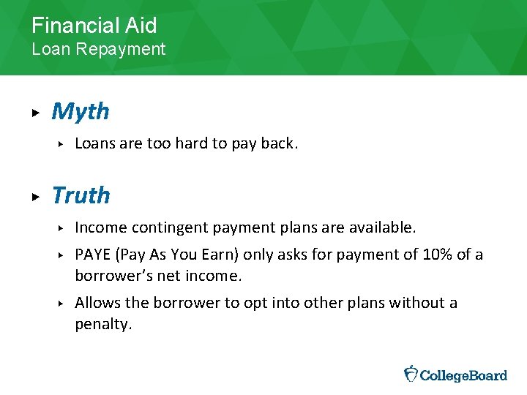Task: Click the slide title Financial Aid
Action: [x=94, y=26]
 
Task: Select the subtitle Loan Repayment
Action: [x=98, y=50]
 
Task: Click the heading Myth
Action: [x=81, y=112]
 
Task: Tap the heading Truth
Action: [x=81, y=196]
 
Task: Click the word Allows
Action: [x=96, y=303]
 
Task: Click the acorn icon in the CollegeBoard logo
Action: [x=411, y=374]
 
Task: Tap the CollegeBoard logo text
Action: [x=464, y=375]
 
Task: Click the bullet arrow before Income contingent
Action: [x=62, y=229]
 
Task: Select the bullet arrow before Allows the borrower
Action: [x=62, y=304]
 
